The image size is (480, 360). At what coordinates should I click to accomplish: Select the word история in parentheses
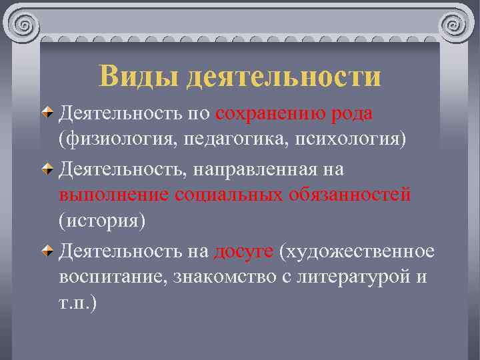(101, 222)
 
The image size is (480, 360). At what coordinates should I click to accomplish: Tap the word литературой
(350, 277)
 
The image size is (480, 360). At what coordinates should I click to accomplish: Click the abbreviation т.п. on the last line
(76, 303)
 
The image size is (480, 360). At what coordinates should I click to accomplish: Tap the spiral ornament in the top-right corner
(455, 25)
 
